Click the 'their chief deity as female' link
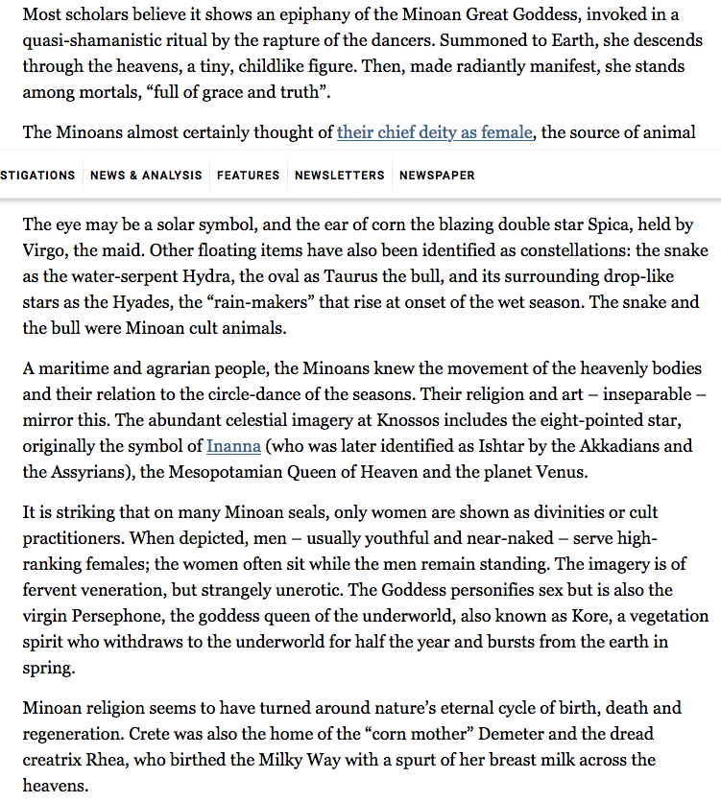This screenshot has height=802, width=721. pos(434,131)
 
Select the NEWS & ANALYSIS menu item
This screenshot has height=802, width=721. pos(146,176)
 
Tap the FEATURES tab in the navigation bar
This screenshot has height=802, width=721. pos(249,176)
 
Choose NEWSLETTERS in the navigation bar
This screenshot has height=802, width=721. pos(339,176)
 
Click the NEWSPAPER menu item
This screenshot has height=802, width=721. pos(437,176)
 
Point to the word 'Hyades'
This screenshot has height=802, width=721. pos(108,302)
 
